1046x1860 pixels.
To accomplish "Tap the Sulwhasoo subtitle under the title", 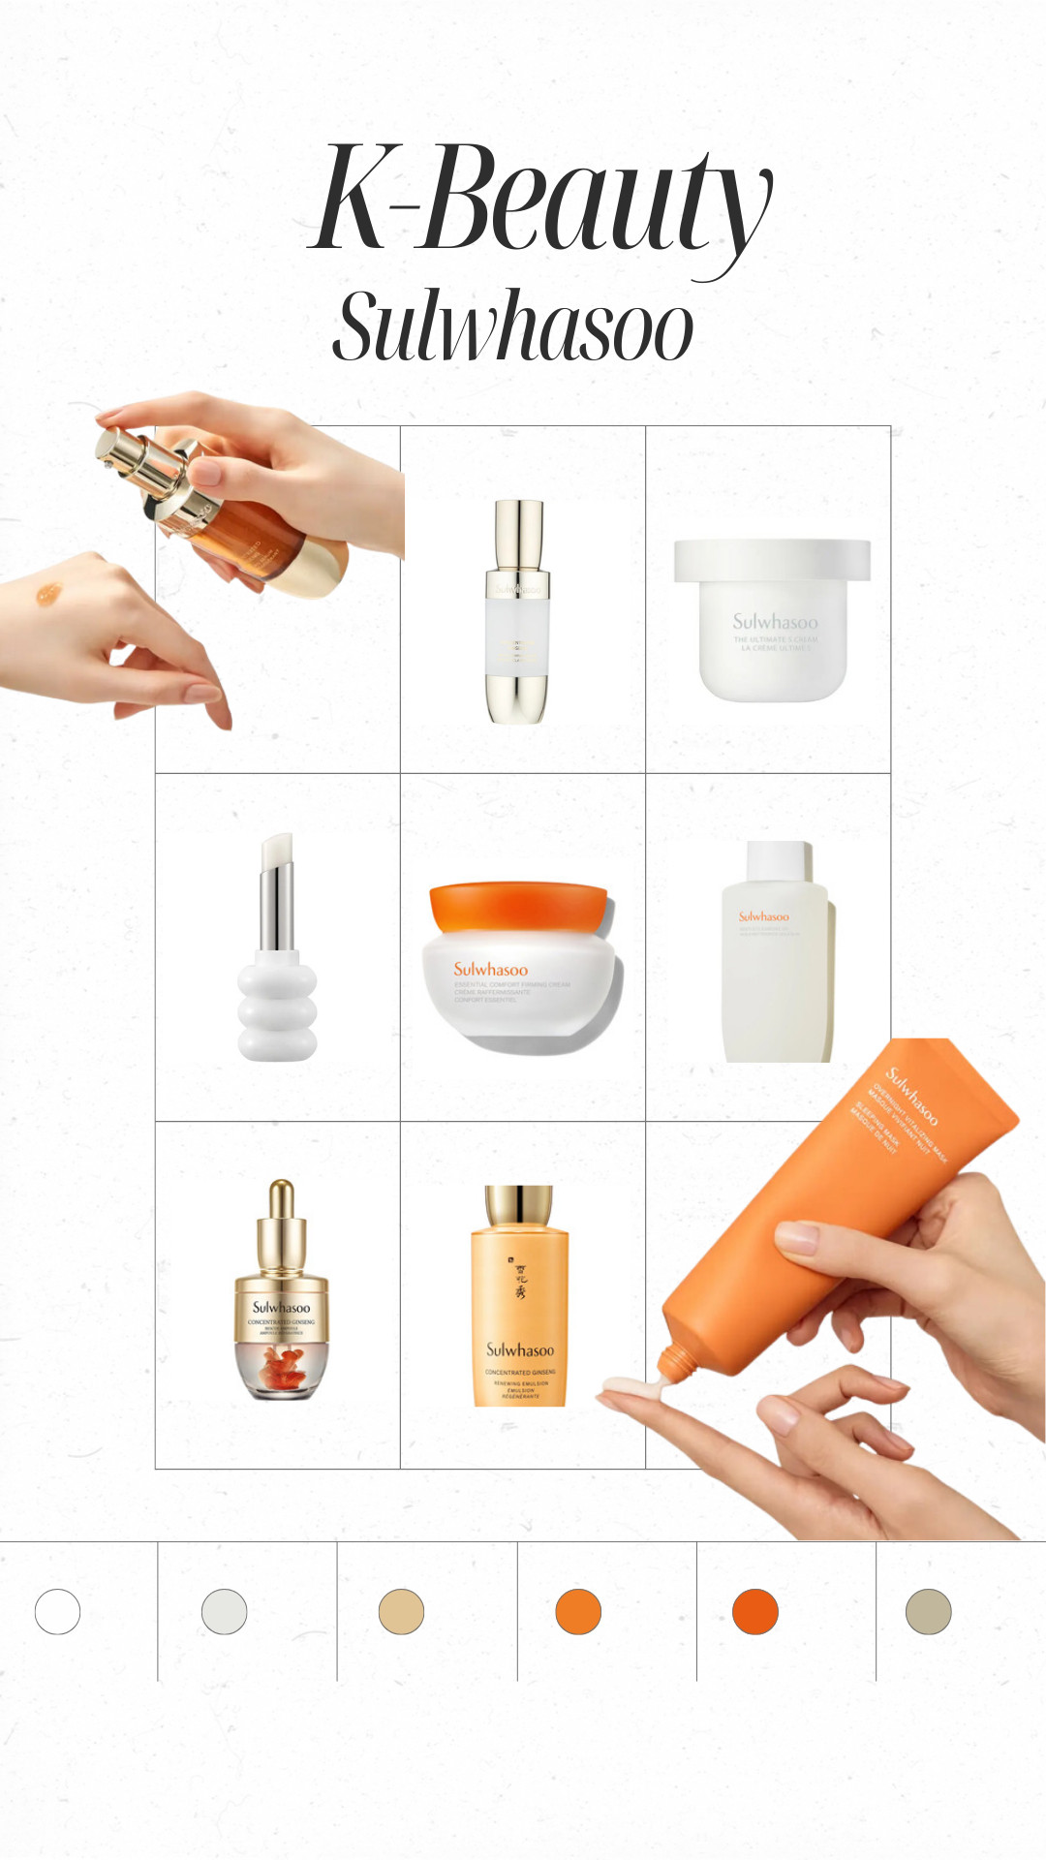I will click(513, 327).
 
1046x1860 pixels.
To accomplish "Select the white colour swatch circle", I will click(57, 1612).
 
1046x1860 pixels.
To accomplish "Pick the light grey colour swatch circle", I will click(224, 1612).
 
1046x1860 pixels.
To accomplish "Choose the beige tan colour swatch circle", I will click(401, 1612).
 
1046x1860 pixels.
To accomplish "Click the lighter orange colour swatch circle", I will click(578, 1612).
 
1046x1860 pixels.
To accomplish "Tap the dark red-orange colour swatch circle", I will click(755, 1612).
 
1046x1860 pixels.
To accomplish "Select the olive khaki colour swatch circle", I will click(928, 1612).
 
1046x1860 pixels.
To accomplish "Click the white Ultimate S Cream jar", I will click(773, 620).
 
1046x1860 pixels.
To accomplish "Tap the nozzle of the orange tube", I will click(674, 1362).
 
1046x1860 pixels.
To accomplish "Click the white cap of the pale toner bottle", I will click(779, 860).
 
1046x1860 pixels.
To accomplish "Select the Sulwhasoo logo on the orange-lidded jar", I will click(491, 969).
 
